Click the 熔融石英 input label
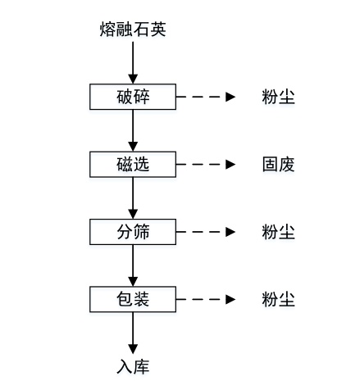[133, 29]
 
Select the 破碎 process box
[133, 97]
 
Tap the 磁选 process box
[133, 165]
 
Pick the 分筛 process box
[133, 232]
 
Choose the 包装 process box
[133, 299]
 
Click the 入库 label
[133, 366]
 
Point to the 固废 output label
[279, 165]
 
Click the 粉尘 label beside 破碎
[279, 97]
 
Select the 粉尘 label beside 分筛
[279, 232]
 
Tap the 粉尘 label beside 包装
[279, 299]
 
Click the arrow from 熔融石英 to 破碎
[133, 62]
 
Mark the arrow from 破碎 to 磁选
[133, 130]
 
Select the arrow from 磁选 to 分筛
[133, 198]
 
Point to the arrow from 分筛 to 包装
[133, 265]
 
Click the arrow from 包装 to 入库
[133, 333]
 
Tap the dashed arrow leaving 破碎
[206, 97]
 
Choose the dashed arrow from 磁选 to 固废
[206, 165]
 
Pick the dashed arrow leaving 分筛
[206, 232]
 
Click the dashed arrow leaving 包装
[206, 299]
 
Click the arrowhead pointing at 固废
[230, 165]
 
